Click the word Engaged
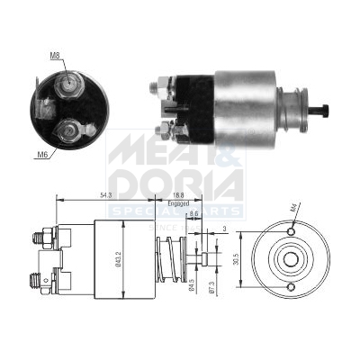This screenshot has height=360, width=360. point(179,204)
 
